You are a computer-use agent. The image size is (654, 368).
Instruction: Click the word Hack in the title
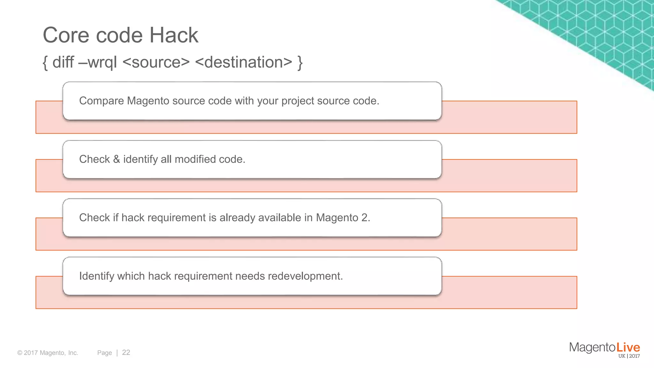coord(174,35)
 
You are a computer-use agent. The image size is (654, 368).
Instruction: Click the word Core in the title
coord(66,35)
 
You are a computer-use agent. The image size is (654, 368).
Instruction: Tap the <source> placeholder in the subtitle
coord(156,62)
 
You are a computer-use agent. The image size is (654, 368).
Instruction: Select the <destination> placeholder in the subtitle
coord(243,62)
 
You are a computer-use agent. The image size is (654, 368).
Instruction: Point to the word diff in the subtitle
coord(63,62)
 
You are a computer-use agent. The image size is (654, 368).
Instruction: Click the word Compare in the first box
coord(101,101)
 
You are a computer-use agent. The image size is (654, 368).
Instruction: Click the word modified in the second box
coord(195,159)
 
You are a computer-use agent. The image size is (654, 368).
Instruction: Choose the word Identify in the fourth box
coord(96,276)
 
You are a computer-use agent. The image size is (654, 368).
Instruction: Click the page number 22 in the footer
coord(126,352)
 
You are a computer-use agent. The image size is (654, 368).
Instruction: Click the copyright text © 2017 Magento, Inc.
coord(48,353)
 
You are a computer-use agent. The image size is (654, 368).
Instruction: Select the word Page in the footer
coord(104,353)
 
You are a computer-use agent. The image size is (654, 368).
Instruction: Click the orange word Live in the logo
coord(628,347)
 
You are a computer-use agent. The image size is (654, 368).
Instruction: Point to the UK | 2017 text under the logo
coord(629,356)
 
